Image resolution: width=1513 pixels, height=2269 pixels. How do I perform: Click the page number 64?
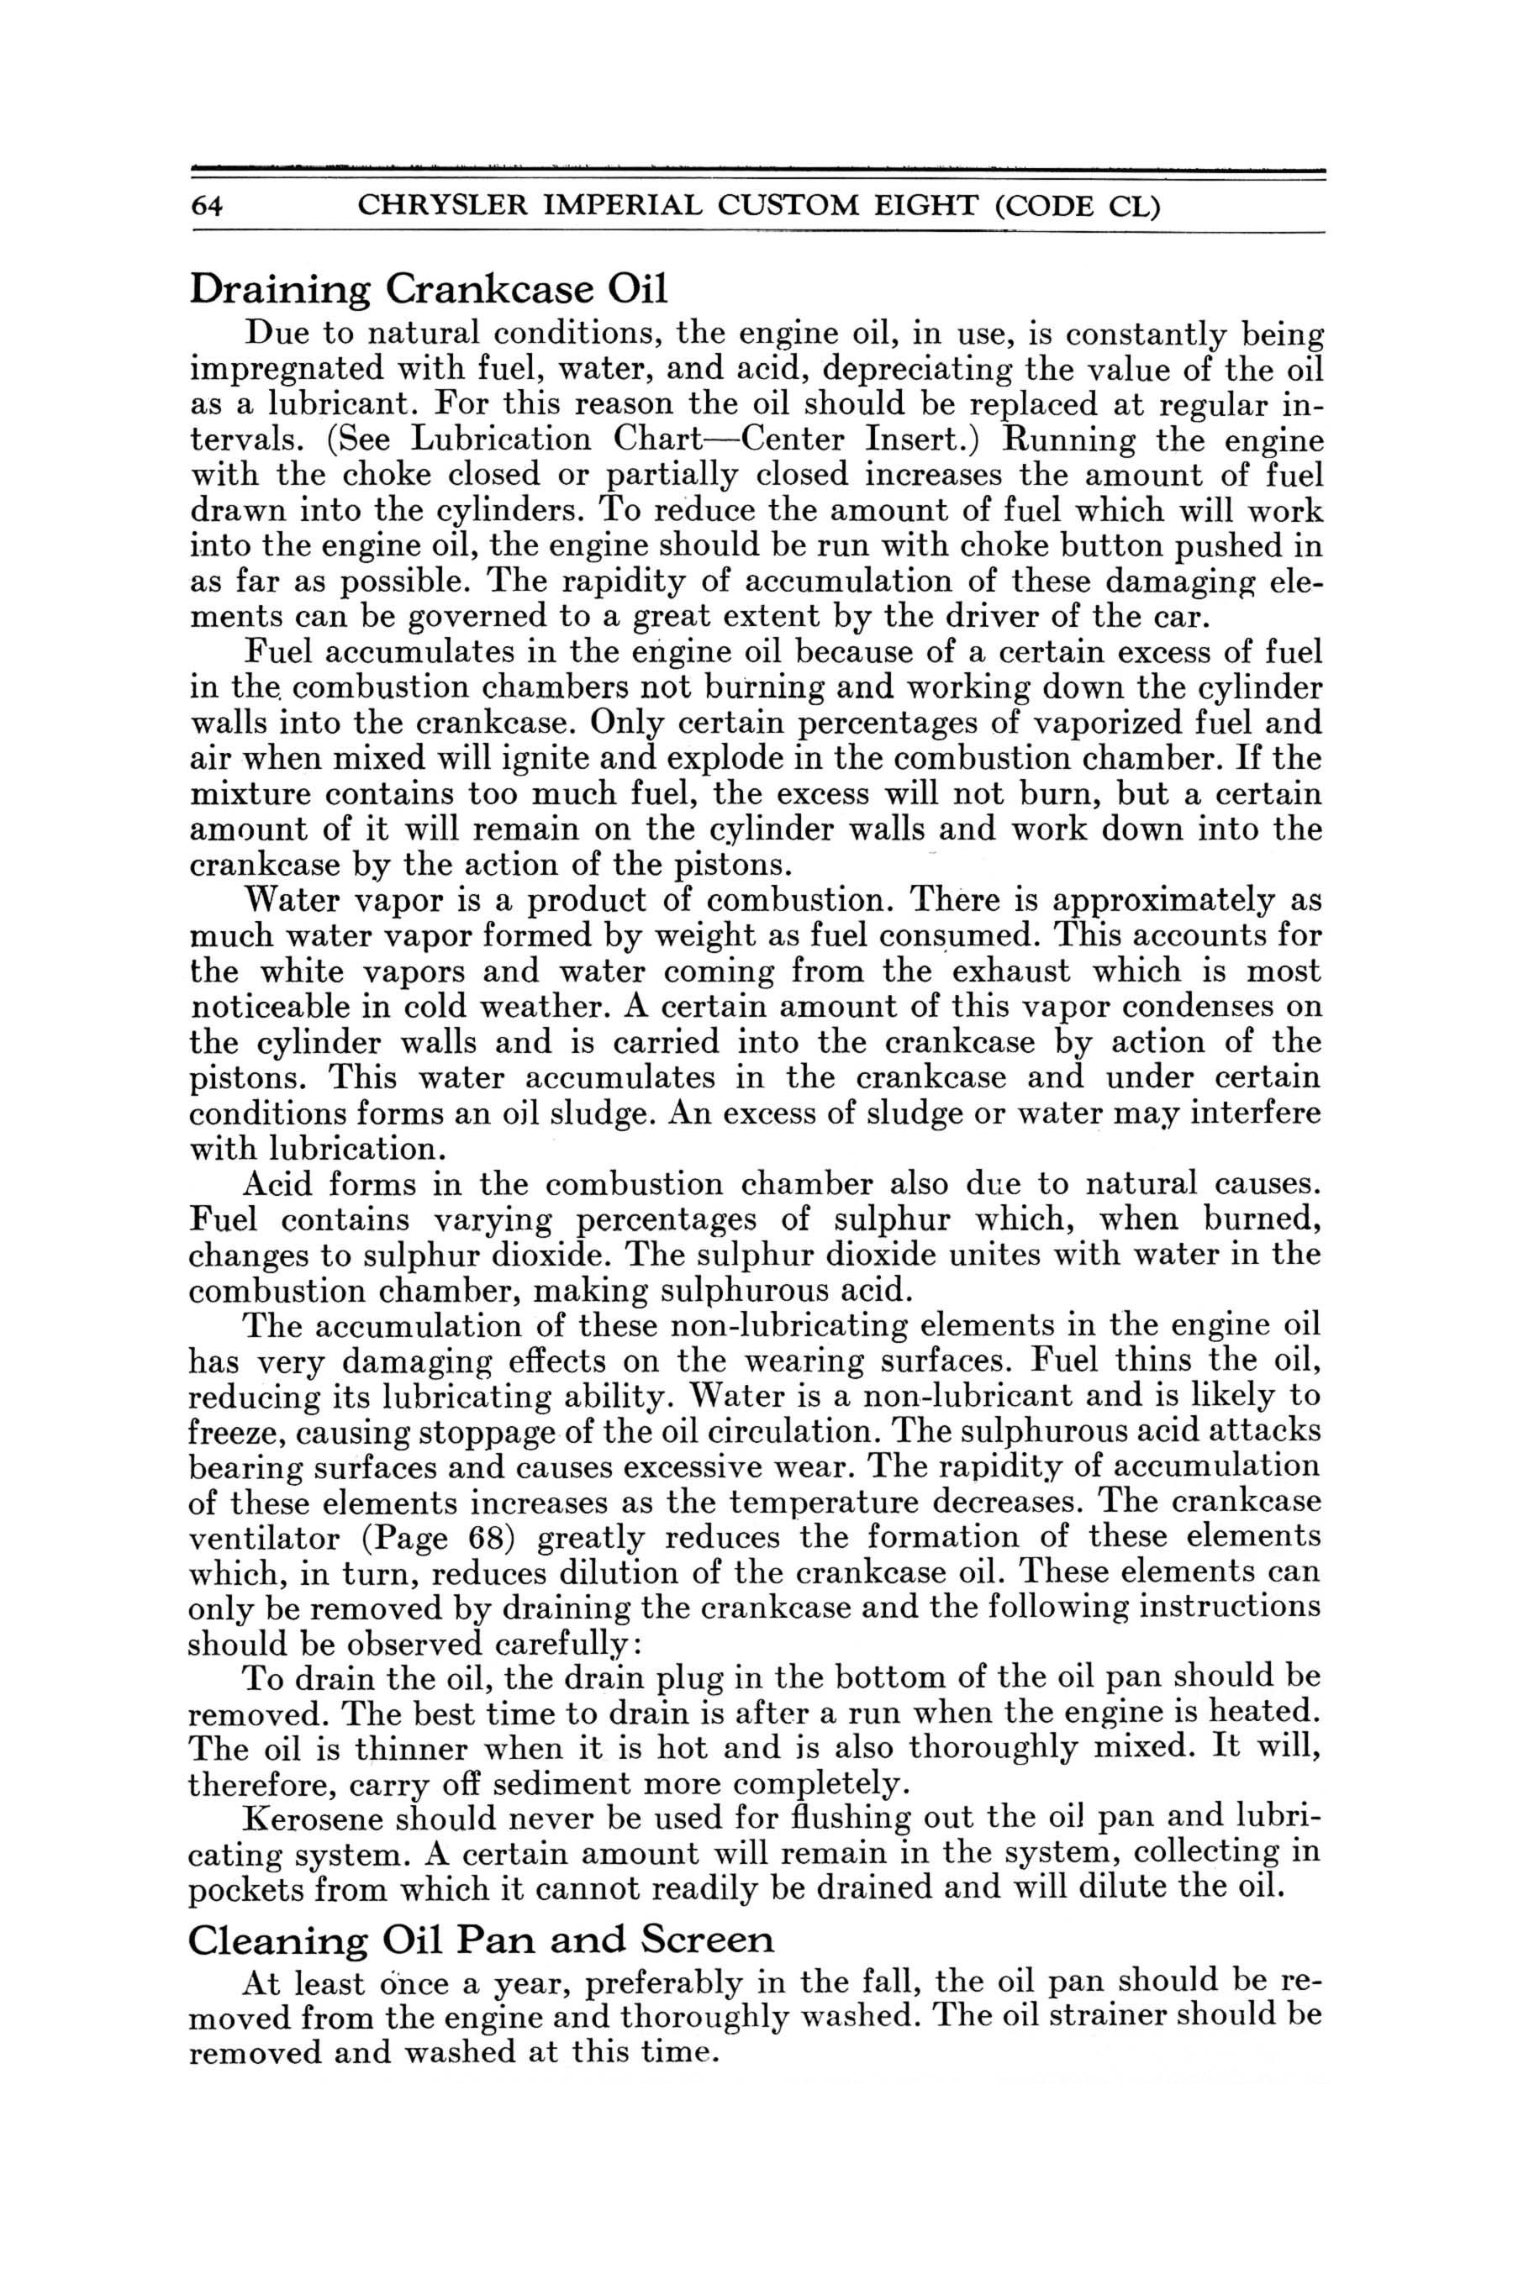point(208,208)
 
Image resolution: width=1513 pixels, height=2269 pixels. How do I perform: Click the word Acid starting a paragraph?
point(279,1185)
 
